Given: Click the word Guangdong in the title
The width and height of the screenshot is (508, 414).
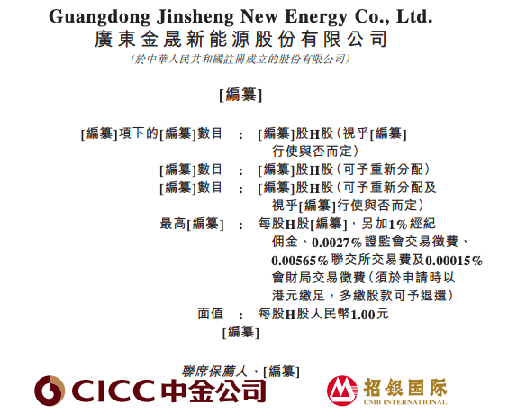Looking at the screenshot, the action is coord(99,17).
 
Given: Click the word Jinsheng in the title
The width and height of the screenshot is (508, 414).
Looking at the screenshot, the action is coord(195,17).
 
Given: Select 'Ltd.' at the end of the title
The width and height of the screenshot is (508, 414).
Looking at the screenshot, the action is coord(414,16).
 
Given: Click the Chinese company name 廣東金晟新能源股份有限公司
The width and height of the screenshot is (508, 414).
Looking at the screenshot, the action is coord(240,39).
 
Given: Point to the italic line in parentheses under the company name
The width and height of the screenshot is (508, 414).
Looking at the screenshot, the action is coord(240,59).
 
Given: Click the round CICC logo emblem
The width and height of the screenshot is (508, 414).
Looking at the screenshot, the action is coord(50,391).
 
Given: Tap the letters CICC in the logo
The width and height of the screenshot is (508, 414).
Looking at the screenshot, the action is coord(113,391).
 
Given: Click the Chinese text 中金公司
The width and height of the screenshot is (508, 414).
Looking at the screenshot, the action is coord(213,391).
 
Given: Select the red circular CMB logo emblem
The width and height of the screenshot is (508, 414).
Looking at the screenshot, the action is coord(342,391).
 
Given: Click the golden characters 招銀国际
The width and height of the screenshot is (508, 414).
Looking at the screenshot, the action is coord(405,388).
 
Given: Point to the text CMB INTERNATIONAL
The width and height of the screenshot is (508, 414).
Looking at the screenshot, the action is coord(405,402).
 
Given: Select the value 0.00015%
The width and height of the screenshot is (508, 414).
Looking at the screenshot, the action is coord(454,261).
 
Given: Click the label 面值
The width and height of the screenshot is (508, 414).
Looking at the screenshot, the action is coord(211,314).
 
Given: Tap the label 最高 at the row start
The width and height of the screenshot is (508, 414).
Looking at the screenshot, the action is coord(173,224).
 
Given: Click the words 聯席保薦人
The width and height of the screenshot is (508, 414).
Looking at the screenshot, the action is coord(214,372).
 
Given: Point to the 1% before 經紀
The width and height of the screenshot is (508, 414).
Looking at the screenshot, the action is coord(397,225).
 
